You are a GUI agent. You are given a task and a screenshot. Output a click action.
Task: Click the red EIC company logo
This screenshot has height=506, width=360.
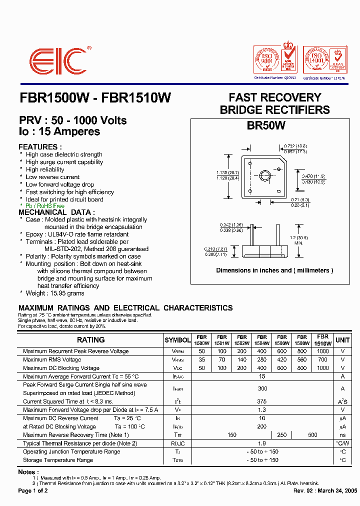point(58,62)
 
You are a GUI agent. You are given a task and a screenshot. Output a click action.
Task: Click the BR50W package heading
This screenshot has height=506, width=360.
point(266,126)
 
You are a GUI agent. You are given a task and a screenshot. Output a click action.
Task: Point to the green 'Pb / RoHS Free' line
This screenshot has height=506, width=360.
point(45,206)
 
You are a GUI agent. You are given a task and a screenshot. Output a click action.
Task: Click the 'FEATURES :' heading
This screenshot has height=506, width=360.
point(40,147)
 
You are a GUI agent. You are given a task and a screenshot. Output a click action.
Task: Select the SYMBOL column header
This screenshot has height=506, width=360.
point(177,340)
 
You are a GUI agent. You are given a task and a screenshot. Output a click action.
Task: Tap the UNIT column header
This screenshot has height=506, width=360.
point(342,340)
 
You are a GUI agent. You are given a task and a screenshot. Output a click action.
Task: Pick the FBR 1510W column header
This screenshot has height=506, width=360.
point(322,340)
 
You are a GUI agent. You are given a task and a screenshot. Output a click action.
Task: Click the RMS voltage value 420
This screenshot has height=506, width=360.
point(282,360)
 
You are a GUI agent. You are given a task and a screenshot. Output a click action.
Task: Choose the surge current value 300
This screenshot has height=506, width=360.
point(262,388)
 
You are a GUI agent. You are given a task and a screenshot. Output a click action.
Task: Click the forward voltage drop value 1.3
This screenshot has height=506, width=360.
point(262,410)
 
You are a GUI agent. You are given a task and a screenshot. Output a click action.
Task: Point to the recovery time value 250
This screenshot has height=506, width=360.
point(282,435)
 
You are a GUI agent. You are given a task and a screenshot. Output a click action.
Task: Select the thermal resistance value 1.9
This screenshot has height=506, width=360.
point(262,443)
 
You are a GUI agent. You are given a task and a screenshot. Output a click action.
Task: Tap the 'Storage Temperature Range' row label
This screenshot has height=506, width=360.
point(58,460)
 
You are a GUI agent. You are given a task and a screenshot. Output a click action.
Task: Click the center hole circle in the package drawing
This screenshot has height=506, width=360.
point(263,175)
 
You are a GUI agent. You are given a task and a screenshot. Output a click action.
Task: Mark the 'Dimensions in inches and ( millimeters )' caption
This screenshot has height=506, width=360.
point(274,270)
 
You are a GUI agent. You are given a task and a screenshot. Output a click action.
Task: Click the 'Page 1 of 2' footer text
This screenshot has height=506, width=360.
point(33,491)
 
